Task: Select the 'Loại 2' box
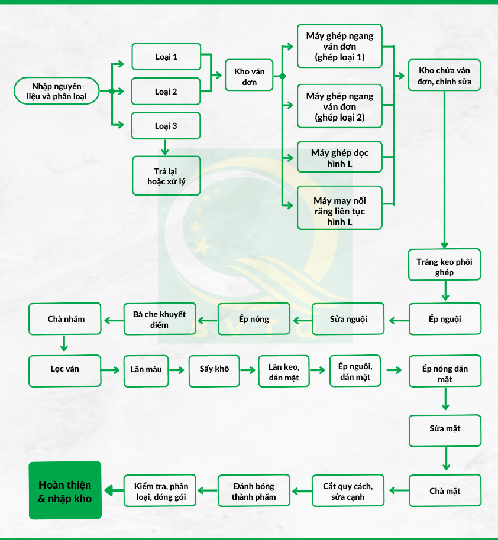point(166,92)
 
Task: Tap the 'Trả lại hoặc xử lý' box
point(166,175)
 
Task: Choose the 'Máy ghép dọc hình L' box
point(339,158)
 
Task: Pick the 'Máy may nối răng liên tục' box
point(339,208)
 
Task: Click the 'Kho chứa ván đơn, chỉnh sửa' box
point(445,75)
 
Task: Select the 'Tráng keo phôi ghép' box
point(445,265)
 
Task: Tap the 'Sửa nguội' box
point(348,319)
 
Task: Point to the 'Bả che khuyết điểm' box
point(159,319)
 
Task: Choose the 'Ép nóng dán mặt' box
point(445,374)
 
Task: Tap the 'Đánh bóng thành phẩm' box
point(254,490)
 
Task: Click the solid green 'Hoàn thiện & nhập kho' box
point(65,490)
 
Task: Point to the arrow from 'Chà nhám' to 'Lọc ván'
point(64,344)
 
